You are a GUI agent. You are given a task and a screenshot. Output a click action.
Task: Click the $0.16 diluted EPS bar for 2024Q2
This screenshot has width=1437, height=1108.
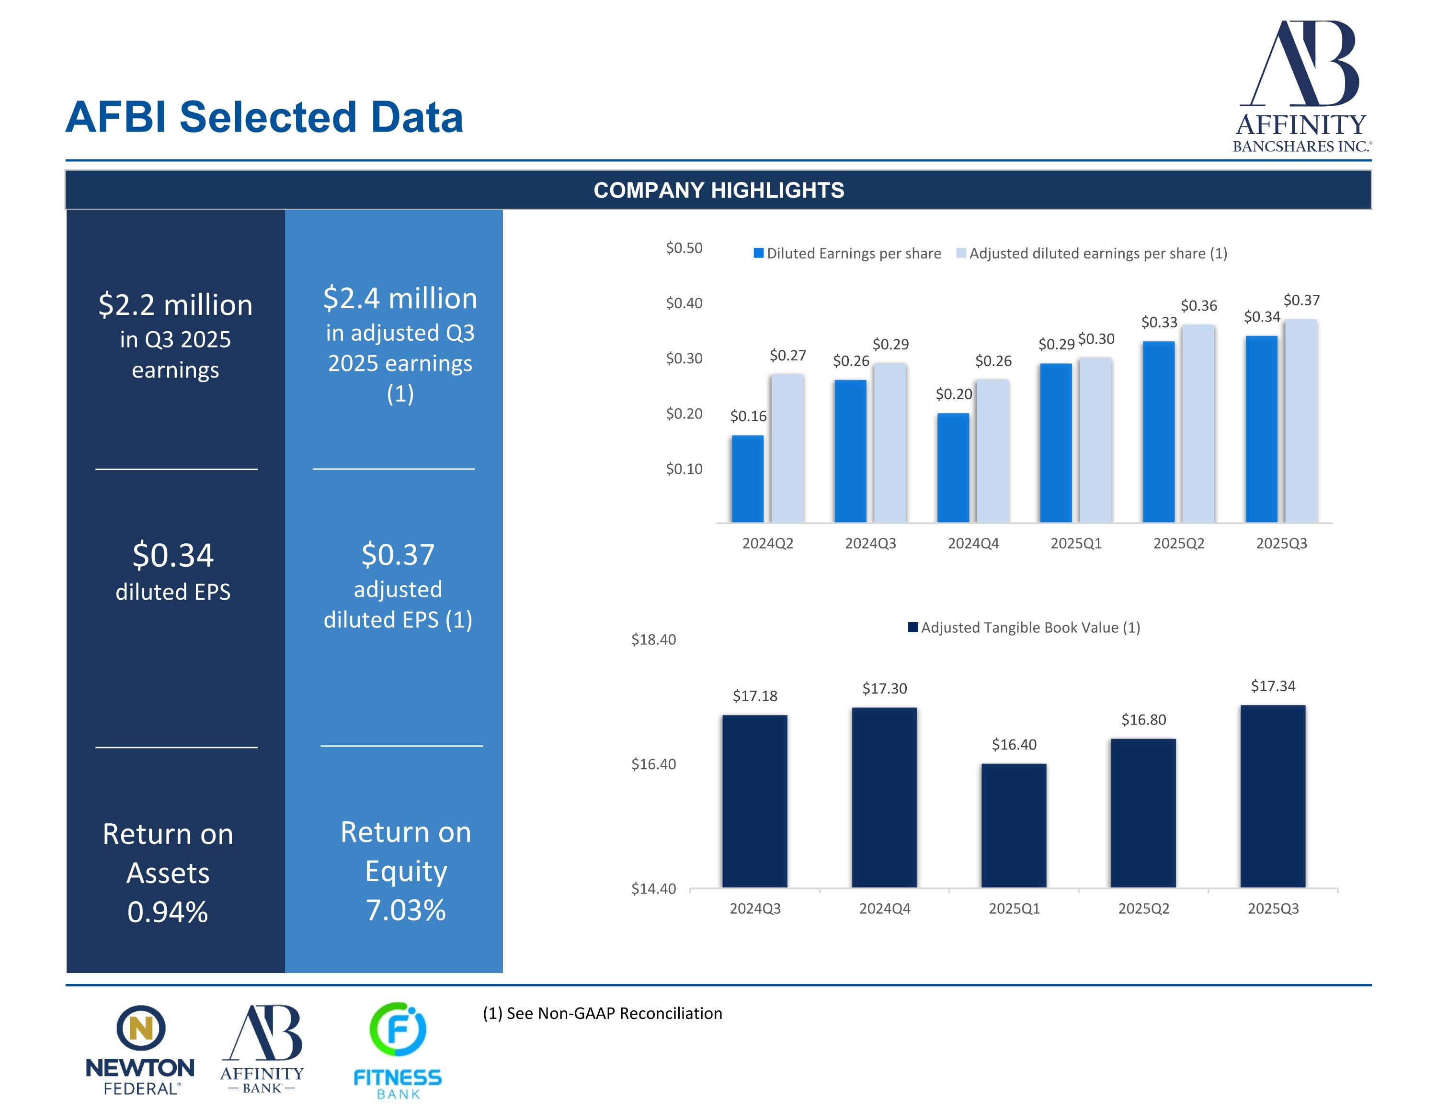[x=747, y=479]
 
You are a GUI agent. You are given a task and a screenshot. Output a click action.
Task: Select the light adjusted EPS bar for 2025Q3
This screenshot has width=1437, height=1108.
[x=1301, y=421]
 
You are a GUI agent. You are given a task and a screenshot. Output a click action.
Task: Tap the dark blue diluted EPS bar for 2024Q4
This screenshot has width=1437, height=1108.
[x=953, y=468]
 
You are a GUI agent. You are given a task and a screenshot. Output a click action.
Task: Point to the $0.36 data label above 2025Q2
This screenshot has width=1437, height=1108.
[x=1199, y=306]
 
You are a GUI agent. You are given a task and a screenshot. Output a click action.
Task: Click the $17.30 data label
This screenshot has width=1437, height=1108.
[x=884, y=688]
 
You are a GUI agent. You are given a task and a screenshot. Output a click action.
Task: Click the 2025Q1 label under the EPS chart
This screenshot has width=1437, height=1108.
[x=1076, y=543]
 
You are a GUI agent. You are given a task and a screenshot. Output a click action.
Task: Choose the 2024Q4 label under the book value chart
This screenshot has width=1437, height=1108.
[x=884, y=908]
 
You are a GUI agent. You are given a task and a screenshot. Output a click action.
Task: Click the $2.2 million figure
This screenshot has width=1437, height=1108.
[x=175, y=305]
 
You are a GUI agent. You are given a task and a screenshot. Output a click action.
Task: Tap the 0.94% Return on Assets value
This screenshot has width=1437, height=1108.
[x=168, y=912]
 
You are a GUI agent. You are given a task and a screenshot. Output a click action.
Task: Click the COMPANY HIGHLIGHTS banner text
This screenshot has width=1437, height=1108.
[x=718, y=190]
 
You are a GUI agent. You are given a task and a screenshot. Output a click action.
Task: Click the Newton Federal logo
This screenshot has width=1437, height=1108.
[x=140, y=1050]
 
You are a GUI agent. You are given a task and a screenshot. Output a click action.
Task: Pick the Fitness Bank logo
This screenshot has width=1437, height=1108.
[x=398, y=1050]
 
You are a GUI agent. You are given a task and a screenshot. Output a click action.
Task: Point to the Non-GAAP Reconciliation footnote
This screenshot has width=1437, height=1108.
[x=603, y=1013]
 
